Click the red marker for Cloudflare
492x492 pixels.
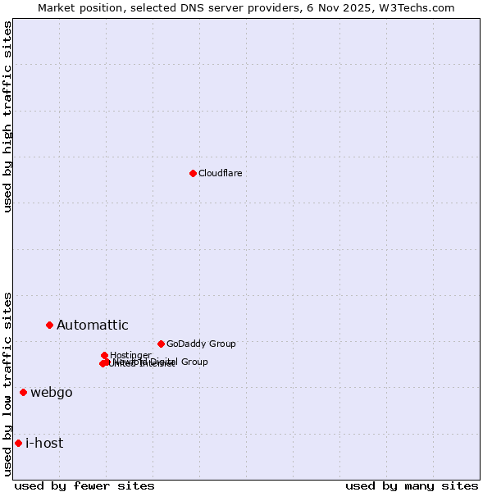point(193,173)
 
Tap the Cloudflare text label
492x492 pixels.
point(220,173)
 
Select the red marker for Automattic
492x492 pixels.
point(49,326)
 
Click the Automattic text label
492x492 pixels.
point(92,326)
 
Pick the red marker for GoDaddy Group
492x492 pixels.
point(161,344)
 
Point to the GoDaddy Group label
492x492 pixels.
point(201,344)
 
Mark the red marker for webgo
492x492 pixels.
point(23,392)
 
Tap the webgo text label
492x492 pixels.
point(52,392)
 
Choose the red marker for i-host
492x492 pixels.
point(18,443)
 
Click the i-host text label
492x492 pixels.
point(44,443)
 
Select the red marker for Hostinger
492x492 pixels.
point(104,355)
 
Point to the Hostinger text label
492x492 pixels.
point(130,355)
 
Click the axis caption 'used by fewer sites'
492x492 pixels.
point(84,485)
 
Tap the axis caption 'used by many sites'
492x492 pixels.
point(412,485)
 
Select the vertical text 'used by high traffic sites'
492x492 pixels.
point(7,116)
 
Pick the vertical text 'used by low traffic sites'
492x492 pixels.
point(7,384)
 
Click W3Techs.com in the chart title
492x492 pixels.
point(422,7)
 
